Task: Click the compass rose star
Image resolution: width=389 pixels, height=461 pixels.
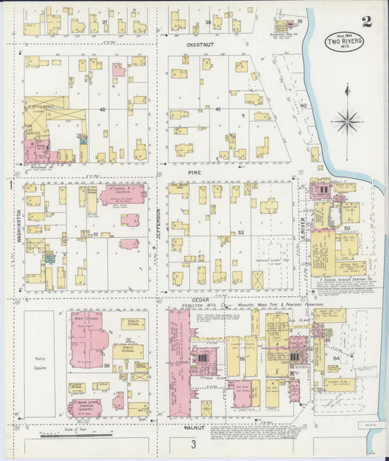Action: [x=347, y=120]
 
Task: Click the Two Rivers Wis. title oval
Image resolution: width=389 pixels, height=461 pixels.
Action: [x=346, y=42]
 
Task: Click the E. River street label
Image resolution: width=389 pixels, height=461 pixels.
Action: [x=303, y=232]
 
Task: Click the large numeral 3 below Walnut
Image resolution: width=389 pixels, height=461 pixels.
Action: [x=193, y=443]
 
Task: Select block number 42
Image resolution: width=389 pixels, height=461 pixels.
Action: [x=103, y=109]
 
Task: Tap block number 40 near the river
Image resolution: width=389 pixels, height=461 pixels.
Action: [x=303, y=106]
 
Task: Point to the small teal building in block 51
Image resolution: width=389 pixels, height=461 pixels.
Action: [x=50, y=257]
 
